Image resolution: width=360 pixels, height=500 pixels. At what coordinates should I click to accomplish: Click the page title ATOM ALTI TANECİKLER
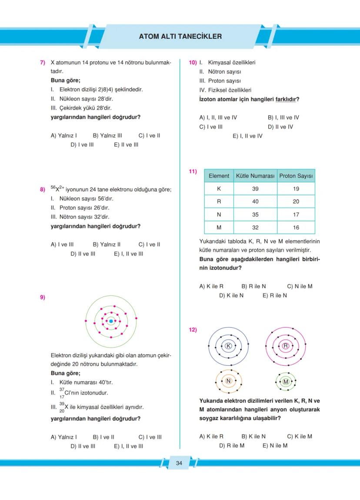(180, 36)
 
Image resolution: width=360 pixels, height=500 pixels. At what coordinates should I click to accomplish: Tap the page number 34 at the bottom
(179, 463)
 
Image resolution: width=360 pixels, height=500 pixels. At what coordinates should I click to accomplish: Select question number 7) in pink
(43, 63)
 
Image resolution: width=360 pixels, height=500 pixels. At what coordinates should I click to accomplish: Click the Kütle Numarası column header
(255, 176)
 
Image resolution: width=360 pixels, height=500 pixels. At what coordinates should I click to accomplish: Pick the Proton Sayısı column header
(296, 176)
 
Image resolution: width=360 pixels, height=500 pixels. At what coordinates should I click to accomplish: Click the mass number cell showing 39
(255, 189)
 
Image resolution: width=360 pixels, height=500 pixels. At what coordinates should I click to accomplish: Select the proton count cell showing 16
(296, 228)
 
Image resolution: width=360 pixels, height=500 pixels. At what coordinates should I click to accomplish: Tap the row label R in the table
(219, 202)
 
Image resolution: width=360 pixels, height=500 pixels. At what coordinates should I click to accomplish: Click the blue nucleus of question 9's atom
(111, 321)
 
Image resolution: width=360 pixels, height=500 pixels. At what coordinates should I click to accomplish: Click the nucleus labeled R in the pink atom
(286, 346)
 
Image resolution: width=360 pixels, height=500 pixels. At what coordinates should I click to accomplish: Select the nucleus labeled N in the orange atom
(228, 381)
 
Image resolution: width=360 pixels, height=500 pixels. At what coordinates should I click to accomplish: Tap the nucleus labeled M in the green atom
(286, 381)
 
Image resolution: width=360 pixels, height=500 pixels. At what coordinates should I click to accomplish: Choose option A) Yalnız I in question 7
(64, 136)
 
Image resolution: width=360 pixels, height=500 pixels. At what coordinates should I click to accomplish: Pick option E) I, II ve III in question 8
(128, 254)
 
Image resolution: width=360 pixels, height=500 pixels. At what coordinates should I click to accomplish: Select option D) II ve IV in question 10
(280, 127)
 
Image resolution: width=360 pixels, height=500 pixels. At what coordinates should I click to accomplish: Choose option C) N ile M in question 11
(300, 286)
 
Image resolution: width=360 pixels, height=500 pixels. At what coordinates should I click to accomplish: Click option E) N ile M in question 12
(275, 445)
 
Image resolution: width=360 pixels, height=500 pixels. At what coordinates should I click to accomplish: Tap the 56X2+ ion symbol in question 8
(57, 189)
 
